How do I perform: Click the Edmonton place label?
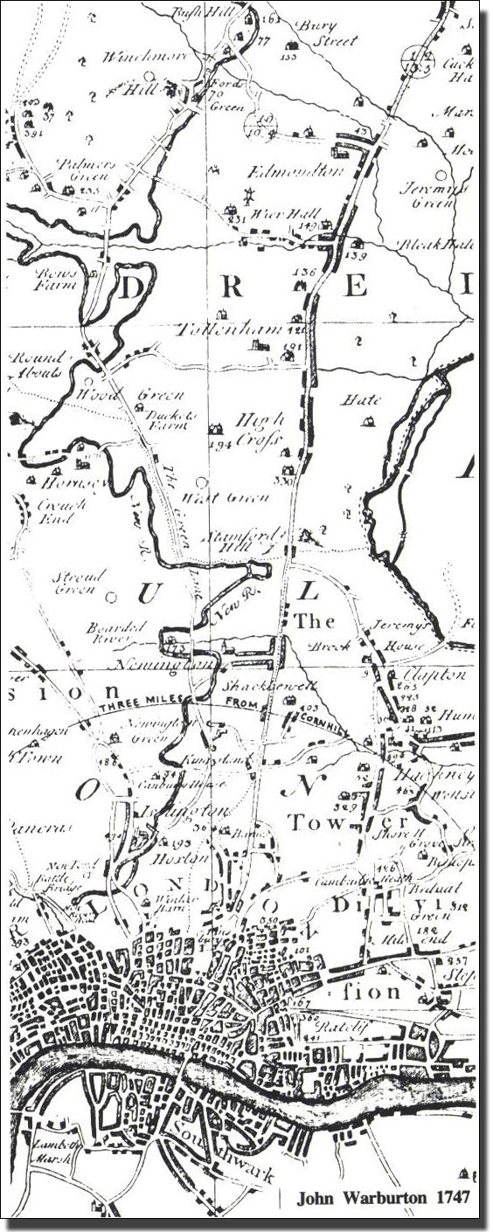[x=295, y=171]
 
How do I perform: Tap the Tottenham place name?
[x=230, y=330]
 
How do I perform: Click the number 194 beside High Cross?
[x=218, y=445]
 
